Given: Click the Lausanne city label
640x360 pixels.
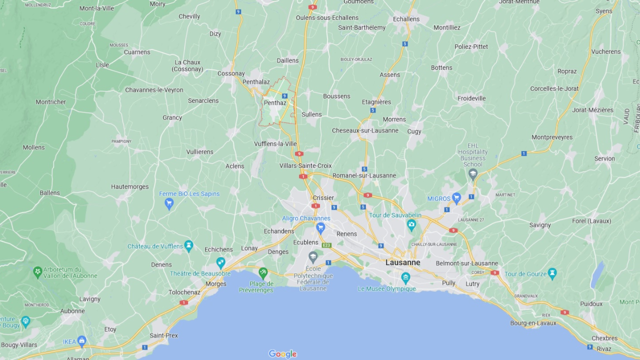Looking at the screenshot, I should click(402, 262).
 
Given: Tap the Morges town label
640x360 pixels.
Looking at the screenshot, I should click(216, 284).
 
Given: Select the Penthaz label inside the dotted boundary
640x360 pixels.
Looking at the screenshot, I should click(275, 103).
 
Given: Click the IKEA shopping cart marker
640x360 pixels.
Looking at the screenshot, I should click(81, 341).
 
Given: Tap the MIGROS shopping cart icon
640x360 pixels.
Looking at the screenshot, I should click(456, 198).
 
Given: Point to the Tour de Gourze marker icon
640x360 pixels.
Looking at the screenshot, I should click(552, 273).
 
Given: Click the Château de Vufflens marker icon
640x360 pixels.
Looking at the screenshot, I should click(188, 245).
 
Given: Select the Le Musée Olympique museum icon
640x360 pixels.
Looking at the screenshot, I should click(405, 277).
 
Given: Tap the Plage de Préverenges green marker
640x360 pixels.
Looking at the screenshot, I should click(263, 273).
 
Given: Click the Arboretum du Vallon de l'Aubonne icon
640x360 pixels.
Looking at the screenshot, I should click(37, 272).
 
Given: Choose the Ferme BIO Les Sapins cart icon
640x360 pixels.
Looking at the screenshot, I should click(169, 203).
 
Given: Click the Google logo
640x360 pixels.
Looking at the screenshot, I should click(282, 354).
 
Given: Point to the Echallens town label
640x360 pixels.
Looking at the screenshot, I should click(406, 19).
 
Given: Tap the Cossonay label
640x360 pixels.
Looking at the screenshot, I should click(231, 73).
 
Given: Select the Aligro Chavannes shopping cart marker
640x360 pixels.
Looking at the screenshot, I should click(320, 228).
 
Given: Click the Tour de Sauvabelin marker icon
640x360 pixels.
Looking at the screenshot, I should click(411, 224).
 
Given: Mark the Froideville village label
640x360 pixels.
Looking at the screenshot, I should click(471, 98).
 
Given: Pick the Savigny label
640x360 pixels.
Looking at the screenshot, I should click(540, 225).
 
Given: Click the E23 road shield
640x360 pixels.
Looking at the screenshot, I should click(327, 245).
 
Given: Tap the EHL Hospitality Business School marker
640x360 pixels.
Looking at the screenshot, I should click(472, 174).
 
